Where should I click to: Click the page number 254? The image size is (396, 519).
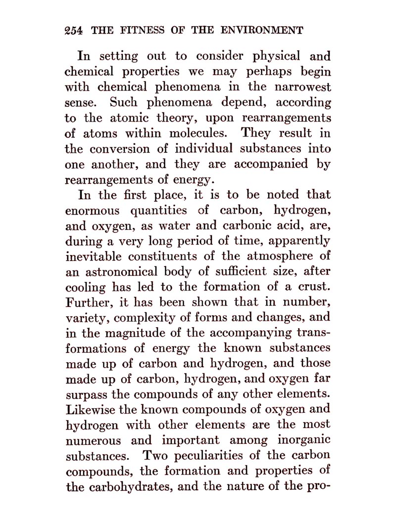coord(75,30)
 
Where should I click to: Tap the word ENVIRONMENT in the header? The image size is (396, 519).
coord(262,30)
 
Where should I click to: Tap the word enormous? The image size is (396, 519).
coord(93,211)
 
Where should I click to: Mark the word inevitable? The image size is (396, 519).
coord(94,257)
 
